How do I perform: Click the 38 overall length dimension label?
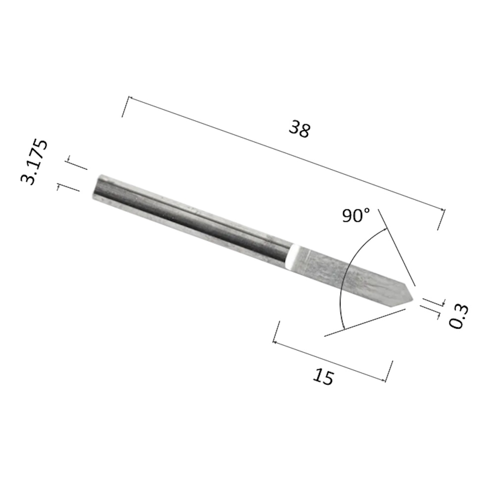click(x=299, y=129)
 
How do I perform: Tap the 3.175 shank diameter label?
click(x=34, y=162)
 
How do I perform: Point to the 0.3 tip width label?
click(x=459, y=317)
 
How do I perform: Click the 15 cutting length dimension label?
click(x=323, y=377)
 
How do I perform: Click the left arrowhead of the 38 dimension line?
click(x=130, y=99)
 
